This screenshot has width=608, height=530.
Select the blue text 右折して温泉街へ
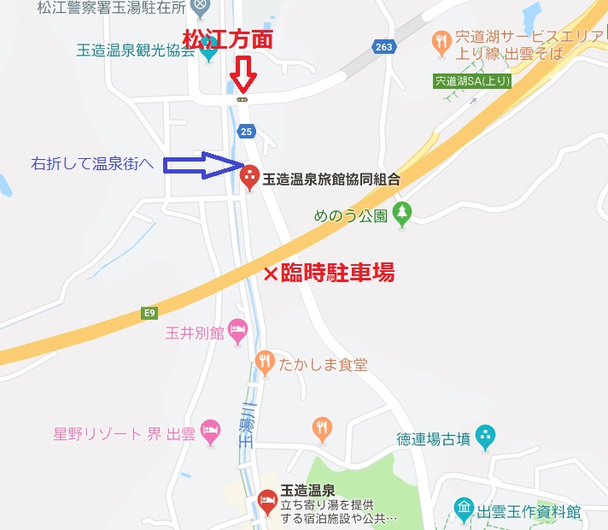click(93, 163)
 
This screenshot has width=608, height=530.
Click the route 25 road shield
click(247, 131)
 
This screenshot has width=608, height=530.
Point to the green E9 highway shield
click(150, 314)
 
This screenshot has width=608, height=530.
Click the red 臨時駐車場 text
click(338, 273)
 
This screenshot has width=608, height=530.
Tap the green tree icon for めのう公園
click(402, 215)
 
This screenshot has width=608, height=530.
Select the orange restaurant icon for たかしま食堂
click(264, 362)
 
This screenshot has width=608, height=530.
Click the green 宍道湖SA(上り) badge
click(472, 81)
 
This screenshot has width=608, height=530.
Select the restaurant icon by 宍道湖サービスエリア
click(441, 39)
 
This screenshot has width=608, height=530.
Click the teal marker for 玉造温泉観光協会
click(209, 50)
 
